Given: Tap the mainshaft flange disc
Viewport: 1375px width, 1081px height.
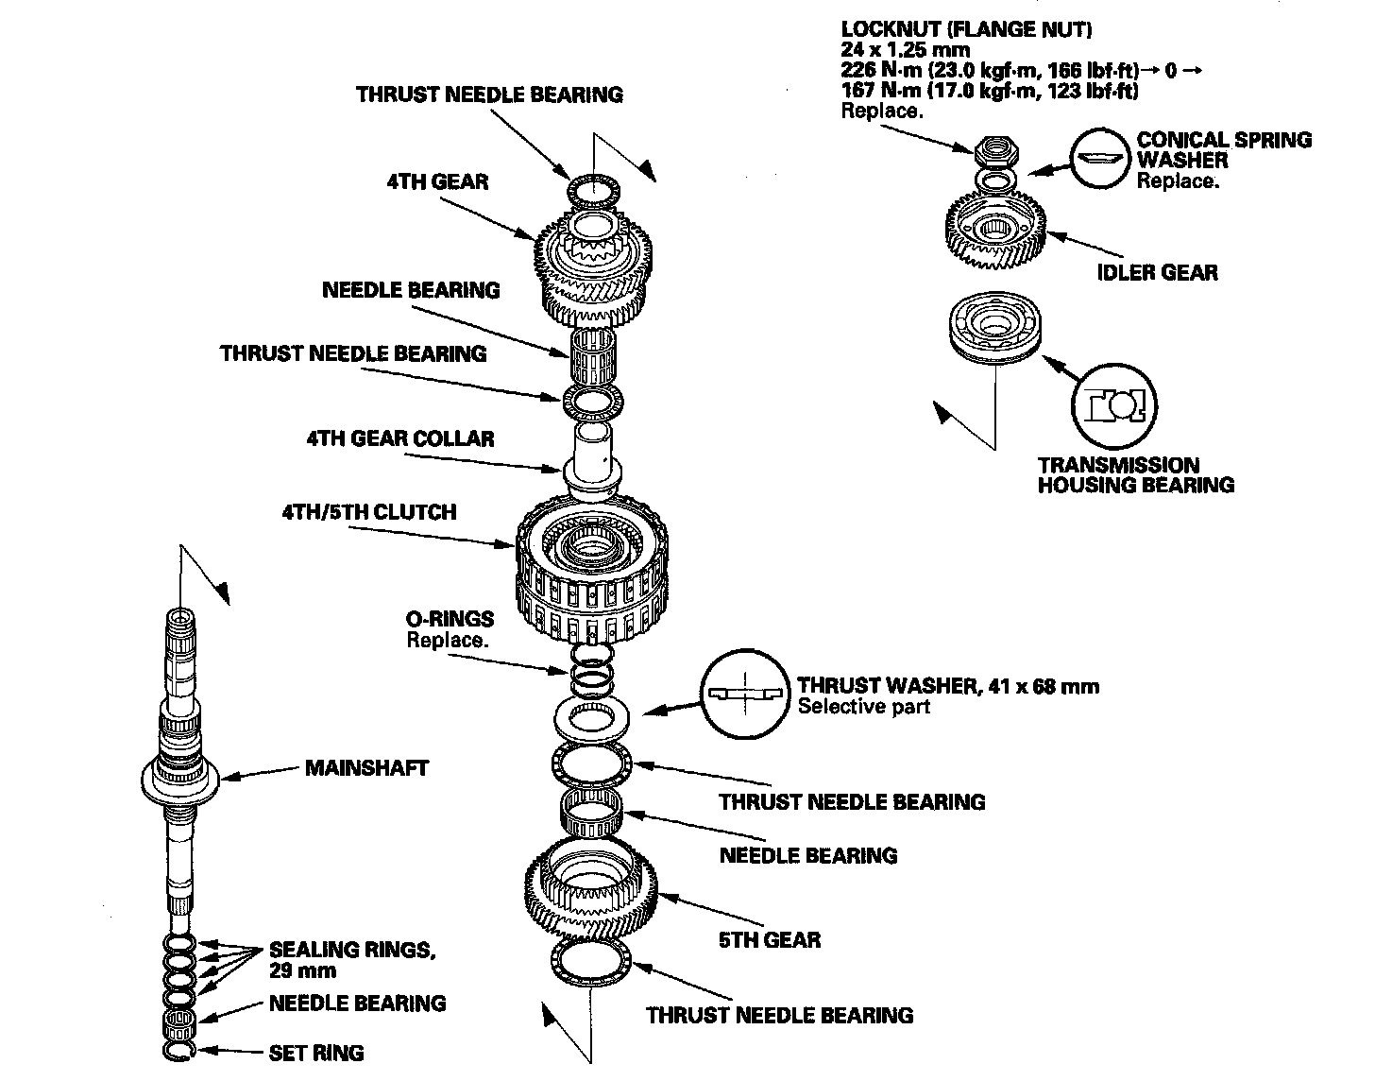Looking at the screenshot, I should tap(180, 781).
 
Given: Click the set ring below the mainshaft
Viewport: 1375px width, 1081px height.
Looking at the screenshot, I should tap(181, 1052).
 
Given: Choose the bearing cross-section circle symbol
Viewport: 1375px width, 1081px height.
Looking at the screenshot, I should tap(1114, 406).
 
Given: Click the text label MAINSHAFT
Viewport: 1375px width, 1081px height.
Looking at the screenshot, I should tap(366, 767).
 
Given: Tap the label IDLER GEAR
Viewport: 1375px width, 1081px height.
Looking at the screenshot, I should tap(1157, 272).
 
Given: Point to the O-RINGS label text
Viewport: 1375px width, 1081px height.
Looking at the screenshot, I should tap(450, 619).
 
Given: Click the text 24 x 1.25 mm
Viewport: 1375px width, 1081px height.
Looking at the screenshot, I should tap(905, 50).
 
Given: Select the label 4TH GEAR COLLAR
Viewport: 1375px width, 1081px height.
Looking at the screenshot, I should tap(399, 438).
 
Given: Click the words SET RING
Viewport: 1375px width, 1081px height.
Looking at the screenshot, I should tap(316, 1053).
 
